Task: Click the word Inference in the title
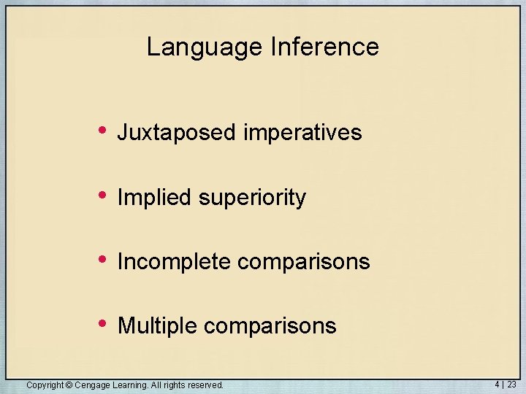tap(324, 47)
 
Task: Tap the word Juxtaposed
tap(177, 133)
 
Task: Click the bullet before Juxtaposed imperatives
tap(103, 131)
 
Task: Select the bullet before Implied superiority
tap(103, 195)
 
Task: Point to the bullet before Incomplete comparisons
tap(103, 259)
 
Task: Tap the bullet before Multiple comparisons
tap(103, 323)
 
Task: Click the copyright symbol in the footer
tap(69, 385)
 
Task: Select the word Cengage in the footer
tap(91, 385)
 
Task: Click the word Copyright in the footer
tap(45, 385)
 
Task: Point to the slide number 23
tap(511, 384)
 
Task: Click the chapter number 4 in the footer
tap(497, 384)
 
